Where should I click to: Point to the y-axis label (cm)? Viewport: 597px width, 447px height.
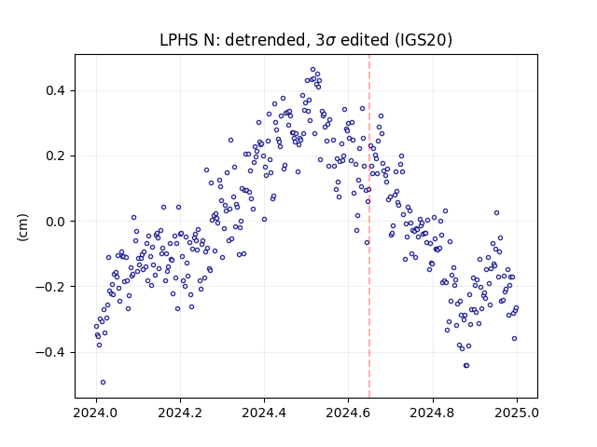22,227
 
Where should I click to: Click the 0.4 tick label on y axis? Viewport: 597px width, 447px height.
55,91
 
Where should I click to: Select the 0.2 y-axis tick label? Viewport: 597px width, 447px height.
55,156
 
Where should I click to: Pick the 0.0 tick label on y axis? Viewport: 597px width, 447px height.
55,222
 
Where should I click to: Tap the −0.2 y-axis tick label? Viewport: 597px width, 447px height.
50,287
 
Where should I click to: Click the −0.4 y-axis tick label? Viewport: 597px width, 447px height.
50,352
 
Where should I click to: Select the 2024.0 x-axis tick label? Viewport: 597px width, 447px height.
96,413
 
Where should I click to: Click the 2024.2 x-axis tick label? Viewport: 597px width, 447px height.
180,413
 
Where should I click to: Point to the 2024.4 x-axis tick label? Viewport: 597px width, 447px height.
264,413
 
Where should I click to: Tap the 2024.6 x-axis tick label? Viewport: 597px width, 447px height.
348,413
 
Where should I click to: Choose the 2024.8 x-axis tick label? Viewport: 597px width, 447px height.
433,413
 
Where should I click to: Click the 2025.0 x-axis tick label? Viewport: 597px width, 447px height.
517,413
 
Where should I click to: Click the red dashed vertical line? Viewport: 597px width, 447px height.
369,226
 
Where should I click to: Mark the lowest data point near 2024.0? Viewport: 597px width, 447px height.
103,383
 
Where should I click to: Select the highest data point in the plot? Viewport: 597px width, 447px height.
313,70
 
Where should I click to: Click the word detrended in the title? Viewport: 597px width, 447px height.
266,40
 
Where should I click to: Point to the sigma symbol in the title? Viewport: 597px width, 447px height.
330,41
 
